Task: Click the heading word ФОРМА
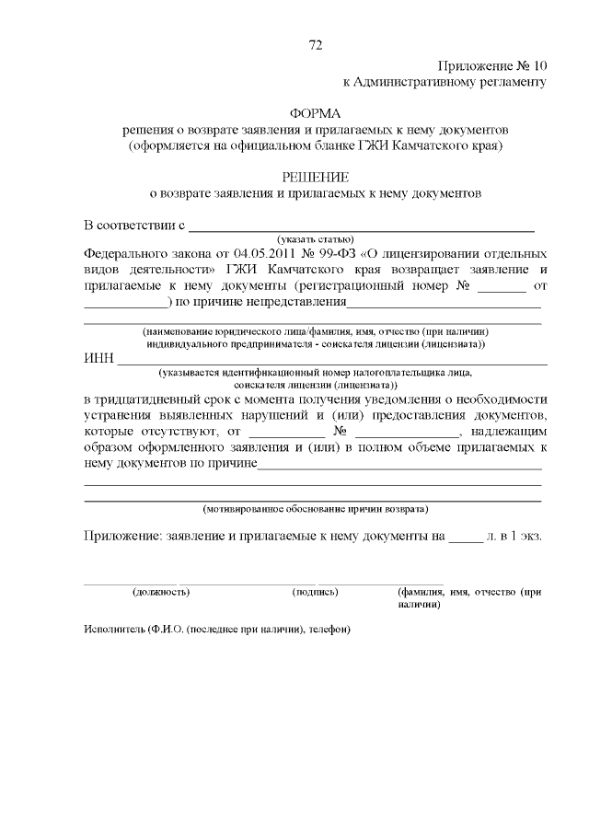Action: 315,113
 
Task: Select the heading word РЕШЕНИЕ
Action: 315,177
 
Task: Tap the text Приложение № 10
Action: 492,65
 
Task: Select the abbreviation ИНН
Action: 98,358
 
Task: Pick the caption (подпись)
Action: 315,592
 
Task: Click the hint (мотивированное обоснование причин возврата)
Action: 315,508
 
